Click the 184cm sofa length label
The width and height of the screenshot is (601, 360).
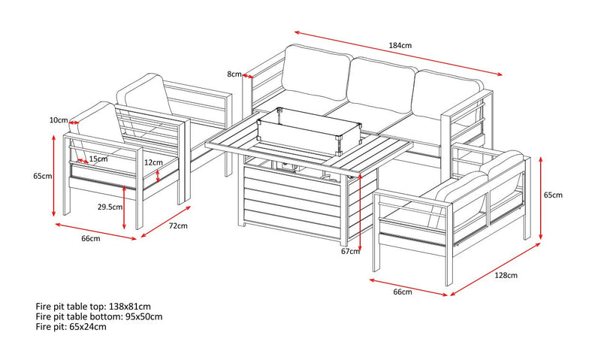(400, 45)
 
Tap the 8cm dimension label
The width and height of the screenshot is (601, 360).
(234, 74)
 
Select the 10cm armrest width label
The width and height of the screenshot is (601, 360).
(59, 120)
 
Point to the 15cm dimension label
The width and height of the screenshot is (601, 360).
(98, 159)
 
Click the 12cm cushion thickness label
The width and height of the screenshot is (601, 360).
(153, 162)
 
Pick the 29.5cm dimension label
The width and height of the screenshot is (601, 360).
(110, 207)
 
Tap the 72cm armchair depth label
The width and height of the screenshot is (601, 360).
(178, 225)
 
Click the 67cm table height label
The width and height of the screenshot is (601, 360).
(350, 252)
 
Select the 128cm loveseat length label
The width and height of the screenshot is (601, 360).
(506, 275)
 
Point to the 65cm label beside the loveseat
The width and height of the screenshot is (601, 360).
(553, 195)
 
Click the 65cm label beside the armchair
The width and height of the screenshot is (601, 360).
(43, 177)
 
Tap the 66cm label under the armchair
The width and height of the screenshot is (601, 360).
(91, 238)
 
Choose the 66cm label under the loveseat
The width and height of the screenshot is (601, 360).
(403, 292)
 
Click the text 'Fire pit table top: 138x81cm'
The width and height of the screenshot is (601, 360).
(93, 307)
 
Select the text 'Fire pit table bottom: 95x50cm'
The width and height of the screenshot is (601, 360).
(99, 316)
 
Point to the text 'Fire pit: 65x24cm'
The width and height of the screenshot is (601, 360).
(71, 327)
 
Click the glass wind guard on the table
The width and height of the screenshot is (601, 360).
(310, 130)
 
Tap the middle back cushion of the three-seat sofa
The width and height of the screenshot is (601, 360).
(382, 86)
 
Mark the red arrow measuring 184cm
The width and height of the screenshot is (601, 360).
(398, 53)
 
